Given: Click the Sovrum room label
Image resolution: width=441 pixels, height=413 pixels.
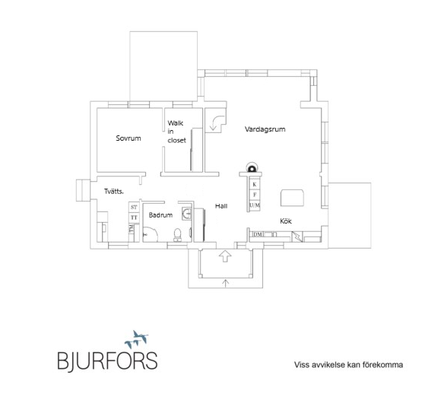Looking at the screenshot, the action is pyautogui.click(x=128, y=138).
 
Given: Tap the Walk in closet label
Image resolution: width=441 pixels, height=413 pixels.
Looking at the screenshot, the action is pyautogui.click(x=176, y=132).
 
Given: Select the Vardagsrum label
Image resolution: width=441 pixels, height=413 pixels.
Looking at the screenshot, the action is pyautogui.click(x=265, y=129).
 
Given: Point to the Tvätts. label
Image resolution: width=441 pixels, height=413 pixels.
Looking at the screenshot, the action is pyautogui.click(x=114, y=192).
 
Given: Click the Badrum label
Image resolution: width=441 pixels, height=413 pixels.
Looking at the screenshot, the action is pyautogui.click(x=160, y=215).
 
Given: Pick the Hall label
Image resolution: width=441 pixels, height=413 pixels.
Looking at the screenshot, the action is pyautogui.click(x=221, y=206).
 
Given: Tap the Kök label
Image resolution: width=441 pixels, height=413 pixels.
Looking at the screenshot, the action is pyautogui.click(x=286, y=221).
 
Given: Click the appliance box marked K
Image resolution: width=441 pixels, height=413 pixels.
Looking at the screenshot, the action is pyautogui.click(x=255, y=184).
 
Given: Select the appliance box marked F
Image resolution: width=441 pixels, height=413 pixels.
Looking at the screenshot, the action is pyautogui.click(x=255, y=195).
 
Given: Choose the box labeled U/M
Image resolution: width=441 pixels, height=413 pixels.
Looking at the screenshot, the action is pyautogui.click(x=255, y=205).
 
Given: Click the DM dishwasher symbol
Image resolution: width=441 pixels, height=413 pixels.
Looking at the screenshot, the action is pyautogui.click(x=258, y=234).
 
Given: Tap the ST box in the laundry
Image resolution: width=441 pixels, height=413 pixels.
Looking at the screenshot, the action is pyautogui.click(x=134, y=207).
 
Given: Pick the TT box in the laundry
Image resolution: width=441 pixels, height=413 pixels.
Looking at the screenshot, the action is pyautogui.click(x=134, y=218).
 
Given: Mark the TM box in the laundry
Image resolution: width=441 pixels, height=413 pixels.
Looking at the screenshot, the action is pyautogui.click(x=132, y=228).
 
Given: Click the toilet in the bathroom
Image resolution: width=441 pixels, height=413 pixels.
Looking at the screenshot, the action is pyautogui.click(x=177, y=235).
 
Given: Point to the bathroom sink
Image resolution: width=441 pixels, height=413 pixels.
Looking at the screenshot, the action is pyautogui.click(x=187, y=214).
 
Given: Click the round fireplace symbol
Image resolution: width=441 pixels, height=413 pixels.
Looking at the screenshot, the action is pyautogui.click(x=251, y=168).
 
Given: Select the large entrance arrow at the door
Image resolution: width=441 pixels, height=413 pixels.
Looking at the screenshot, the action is pyautogui.click(x=225, y=256).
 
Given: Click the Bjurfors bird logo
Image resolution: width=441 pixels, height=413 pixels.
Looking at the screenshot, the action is pyautogui.click(x=137, y=339).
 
